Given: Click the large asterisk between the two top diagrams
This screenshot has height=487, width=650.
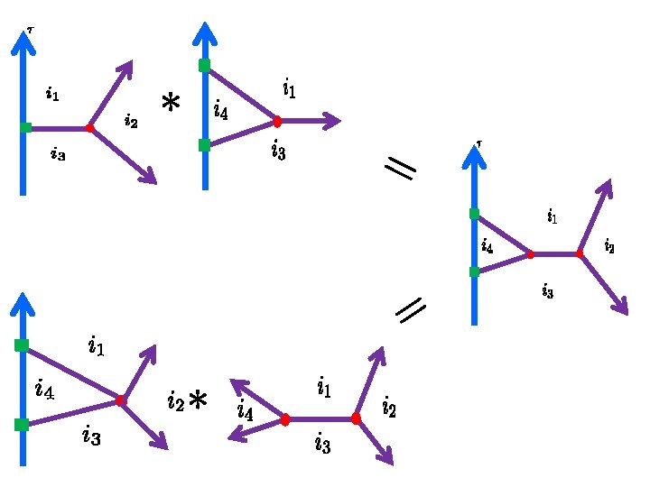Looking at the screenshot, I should (x=171, y=105).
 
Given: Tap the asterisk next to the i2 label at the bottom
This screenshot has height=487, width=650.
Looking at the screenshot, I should (x=198, y=400).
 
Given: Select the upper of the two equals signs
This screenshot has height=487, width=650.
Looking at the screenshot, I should (x=399, y=168).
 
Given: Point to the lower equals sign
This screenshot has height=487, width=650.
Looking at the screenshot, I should (x=411, y=311).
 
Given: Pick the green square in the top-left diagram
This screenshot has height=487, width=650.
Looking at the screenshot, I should (x=25, y=128).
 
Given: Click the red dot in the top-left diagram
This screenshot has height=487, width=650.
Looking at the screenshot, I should (x=89, y=128).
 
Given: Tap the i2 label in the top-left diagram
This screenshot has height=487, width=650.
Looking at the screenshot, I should (x=131, y=120).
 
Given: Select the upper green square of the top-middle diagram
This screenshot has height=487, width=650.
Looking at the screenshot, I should (x=205, y=65).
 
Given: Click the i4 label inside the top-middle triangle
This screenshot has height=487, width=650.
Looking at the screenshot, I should (x=221, y=111).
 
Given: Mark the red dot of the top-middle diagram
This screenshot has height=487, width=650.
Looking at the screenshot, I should (x=277, y=121).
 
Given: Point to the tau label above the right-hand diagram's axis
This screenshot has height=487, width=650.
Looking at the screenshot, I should (x=479, y=142).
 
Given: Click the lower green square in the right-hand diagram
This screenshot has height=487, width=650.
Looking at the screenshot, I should (x=474, y=271).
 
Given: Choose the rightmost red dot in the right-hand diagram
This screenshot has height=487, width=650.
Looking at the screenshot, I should (x=580, y=254).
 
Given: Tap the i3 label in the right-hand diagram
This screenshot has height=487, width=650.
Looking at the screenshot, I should (x=548, y=289).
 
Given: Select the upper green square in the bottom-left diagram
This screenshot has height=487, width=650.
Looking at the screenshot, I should (x=22, y=345).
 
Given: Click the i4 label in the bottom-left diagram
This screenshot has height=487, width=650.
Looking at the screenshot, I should (x=44, y=390).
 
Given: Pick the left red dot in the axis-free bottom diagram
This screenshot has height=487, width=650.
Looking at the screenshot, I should (x=285, y=419).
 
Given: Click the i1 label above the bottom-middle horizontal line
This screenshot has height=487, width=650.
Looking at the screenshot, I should (x=323, y=389).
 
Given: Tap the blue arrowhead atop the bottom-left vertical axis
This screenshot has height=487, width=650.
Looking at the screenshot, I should (x=23, y=305).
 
